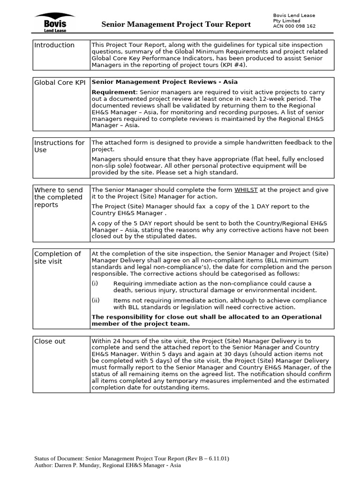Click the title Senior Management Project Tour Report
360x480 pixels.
tap(176, 24)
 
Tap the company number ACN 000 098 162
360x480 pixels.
tap(294, 27)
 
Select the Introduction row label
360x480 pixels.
tap(54, 45)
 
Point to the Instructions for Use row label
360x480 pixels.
tap(59, 146)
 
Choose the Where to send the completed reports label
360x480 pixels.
tap(58, 197)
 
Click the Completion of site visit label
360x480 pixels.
tap(57, 257)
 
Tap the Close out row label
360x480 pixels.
tap(50, 341)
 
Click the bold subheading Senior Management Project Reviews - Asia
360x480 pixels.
tap(165, 82)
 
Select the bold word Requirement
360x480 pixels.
tap(114, 92)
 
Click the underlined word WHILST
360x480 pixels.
tap(246, 190)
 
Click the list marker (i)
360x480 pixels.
tap(95, 284)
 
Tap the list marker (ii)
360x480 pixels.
tap(96, 300)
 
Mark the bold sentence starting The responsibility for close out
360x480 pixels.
tap(206, 320)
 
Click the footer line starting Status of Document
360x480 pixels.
tap(132, 458)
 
